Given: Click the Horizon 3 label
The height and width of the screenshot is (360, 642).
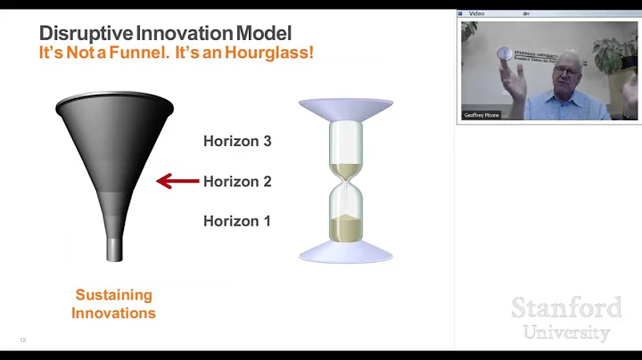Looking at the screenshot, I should [x=237, y=141].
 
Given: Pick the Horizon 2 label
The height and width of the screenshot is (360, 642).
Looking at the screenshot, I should [x=237, y=181].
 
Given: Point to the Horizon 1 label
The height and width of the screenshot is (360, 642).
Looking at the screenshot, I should [x=237, y=221].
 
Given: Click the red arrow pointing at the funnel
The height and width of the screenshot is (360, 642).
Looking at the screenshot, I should [x=177, y=181].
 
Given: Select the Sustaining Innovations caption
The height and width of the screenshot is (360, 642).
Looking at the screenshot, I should [x=113, y=304].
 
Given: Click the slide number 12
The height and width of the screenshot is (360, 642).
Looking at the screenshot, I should [x=23, y=340].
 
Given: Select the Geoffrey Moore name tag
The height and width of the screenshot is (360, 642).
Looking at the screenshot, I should [x=482, y=115].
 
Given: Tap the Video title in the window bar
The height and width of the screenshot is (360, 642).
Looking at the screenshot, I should [x=476, y=14].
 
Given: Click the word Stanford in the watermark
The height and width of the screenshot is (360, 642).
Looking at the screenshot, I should [x=566, y=308].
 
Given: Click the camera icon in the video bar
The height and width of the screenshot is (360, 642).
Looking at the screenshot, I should [x=527, y=14].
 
